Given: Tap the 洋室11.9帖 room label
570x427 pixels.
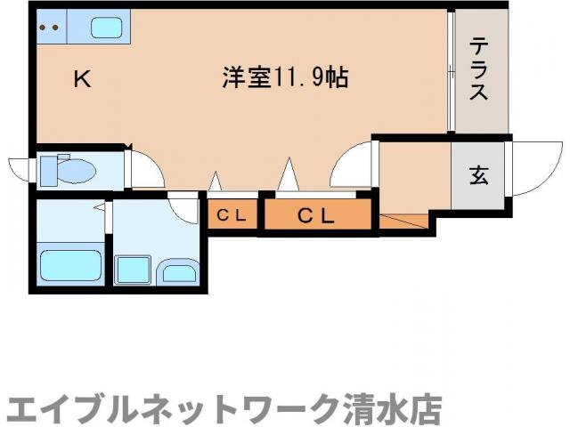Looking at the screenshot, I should pos(284,78).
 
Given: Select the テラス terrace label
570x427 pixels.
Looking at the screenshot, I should pos(479,69).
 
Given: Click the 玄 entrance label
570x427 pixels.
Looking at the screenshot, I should pos(479,175).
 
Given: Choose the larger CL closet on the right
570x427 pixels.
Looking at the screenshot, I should pos(315,214).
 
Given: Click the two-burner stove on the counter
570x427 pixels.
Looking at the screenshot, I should pos(48,27).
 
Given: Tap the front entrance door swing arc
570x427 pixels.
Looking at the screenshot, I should pos(533,169).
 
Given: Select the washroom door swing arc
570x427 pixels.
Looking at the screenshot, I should pos(185,210).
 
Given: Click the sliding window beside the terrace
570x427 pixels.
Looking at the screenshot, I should pos(452,71).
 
